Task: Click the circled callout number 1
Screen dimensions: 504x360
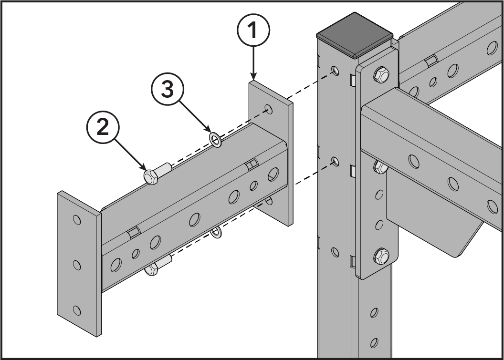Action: (x=253, y=30)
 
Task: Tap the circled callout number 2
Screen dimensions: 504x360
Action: (x=103, y=127)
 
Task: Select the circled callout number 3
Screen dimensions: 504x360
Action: (x=168, y=89)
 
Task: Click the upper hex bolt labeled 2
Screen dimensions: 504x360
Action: (x=157, y=174)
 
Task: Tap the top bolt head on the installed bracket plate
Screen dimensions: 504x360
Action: (x=381, y=74)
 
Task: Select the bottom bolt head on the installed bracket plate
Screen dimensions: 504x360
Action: (x=381, y=256)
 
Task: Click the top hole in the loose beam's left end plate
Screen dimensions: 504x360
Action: (x=77, y=220)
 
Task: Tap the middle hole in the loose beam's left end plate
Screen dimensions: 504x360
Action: (x=77, y=265)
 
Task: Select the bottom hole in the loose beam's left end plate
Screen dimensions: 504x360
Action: (x=77, y=310)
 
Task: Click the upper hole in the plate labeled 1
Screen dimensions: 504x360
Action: (x=268, y=109)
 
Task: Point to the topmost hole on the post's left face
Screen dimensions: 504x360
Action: (x=335, y=70)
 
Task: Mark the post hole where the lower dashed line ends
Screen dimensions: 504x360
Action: (x=335, y=161)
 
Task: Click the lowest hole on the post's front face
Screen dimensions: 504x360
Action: (x=374, y=343)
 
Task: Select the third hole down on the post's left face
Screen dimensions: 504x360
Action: (x=335, y=252)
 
